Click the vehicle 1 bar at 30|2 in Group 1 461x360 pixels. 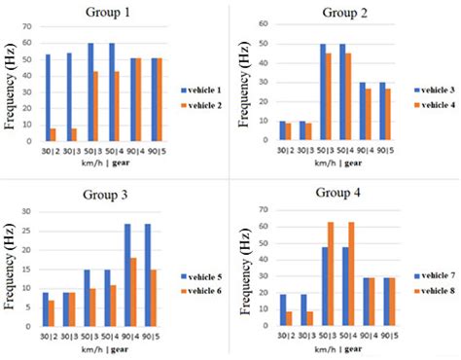pyautogui.click(x=48, y=97)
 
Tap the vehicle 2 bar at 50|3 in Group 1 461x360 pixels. pyautogui.click(x=94, y=106)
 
